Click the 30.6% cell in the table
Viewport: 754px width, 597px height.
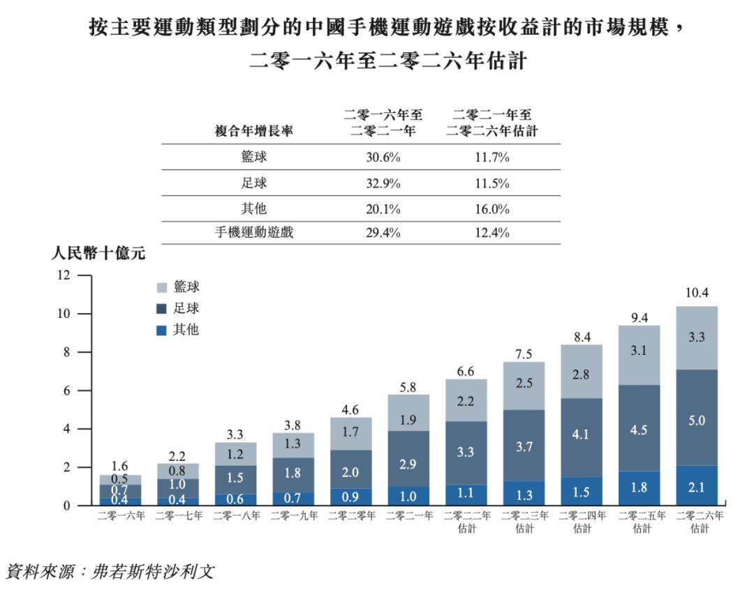(x=383, y=158)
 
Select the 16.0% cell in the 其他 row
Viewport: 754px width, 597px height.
(x=491, y=209)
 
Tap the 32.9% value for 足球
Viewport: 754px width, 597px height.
(x=383, y=183)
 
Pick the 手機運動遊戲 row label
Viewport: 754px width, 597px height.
(x=253, y=232)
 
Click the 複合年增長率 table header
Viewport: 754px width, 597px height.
(x=253, y=131)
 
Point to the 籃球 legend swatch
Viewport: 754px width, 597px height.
(x=161, y=287)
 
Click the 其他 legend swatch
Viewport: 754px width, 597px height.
(x=161, y=330)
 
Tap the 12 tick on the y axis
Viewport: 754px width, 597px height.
(x=64, y=275)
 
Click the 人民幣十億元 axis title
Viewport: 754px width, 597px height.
(x=98, y=254)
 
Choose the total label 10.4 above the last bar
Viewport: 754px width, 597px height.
(x=697, y=293)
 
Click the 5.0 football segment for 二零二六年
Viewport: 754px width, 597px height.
(x=697, y=421)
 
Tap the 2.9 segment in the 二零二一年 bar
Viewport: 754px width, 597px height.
(x=408, y=464)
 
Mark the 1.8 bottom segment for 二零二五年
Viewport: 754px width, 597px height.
(x=639, y=487)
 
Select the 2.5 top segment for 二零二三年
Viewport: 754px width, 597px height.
(x=524, y=384)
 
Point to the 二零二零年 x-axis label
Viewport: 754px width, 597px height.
(x=351, y=516)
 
